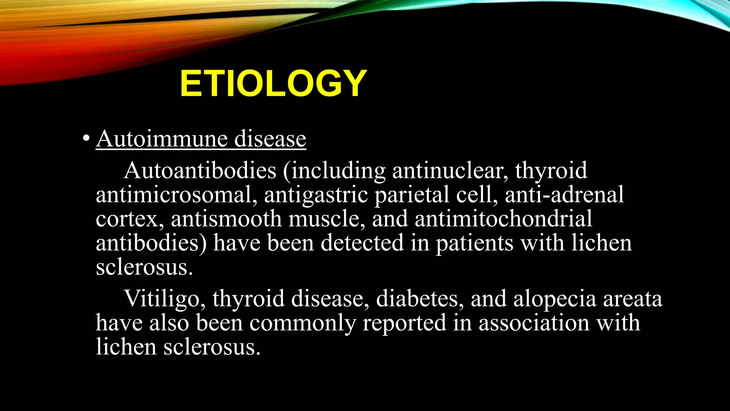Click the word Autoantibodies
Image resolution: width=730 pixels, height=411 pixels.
click(x=200, y=170)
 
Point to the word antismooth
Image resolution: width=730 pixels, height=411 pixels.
click(x=226, y=219)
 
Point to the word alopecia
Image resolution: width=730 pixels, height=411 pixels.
click(x=555, y=299)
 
